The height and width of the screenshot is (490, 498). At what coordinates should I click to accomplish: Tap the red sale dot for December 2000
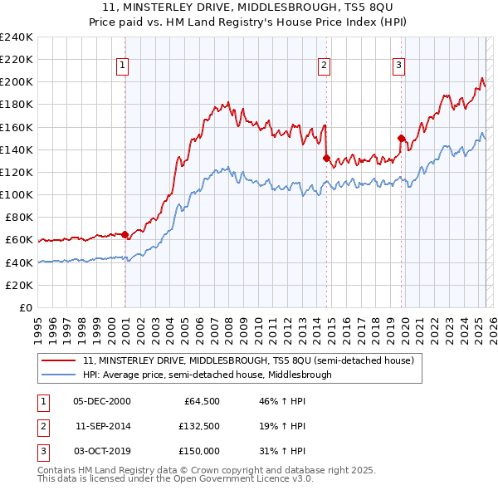[125, 235]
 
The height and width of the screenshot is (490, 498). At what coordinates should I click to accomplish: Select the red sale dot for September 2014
[327, 158]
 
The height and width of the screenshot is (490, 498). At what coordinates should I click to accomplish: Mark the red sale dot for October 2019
[401, 139]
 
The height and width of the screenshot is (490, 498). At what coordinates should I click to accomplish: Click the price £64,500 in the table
[202, 400]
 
